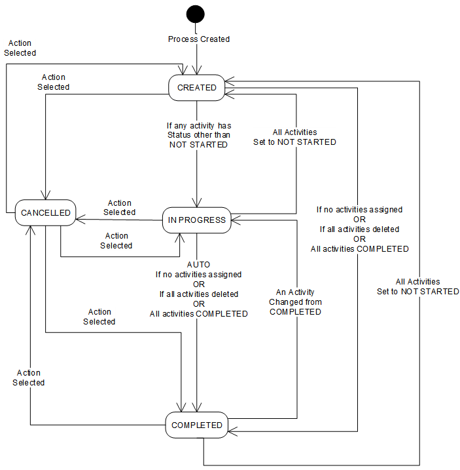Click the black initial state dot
coord(195,14)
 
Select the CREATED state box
coord(196,87)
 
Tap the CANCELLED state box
coord(45,213)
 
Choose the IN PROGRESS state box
coord(196,220)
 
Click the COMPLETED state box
coord(196,425)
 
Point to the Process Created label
coord(199,39)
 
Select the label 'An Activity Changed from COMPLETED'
coord(296,302)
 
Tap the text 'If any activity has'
coord(198,125)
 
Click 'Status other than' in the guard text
coord(198,135)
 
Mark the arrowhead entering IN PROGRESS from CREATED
coord(196,204)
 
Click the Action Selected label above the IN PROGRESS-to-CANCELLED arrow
coord(120,208)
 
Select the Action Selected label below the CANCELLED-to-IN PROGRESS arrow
coord(116,241)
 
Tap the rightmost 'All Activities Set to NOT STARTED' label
coord(417,286)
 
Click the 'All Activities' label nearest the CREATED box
coord(294,132)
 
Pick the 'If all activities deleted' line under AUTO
coord(199,294)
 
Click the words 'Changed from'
coord(296,302)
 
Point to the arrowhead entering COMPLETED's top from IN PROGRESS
coord(196,408)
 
